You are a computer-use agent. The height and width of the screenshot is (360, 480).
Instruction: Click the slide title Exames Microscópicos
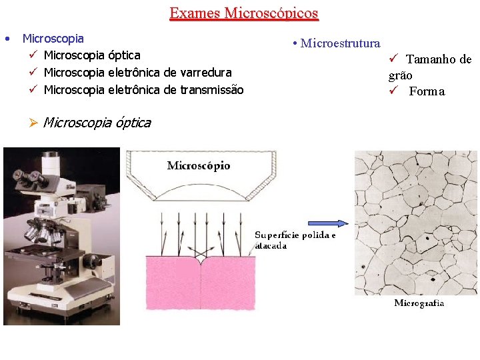coord(243,13)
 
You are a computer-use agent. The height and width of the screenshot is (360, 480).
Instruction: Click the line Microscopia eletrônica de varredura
coord(137,72)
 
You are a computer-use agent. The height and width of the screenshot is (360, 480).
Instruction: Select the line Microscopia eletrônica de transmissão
coord(143,89)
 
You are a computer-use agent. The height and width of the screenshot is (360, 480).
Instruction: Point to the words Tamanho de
coord(439,59)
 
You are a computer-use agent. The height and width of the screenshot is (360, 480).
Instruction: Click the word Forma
coord(427,91)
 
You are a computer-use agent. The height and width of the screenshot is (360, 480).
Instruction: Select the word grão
coord(401,75)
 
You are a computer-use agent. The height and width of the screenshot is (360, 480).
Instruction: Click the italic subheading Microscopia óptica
coord(97,123)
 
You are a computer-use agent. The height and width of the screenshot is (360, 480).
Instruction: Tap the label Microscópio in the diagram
coord(198,165)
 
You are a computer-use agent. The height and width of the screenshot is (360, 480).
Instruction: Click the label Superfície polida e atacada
coord(295,240)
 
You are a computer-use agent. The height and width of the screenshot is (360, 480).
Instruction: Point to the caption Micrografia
coord(419,303)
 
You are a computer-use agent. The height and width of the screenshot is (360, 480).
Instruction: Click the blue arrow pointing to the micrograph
coord(327,223)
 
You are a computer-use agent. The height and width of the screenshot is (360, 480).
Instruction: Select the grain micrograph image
coord(415,222)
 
